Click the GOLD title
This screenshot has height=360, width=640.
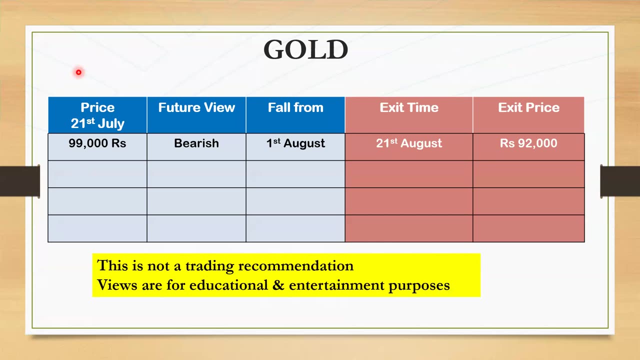point(305,49)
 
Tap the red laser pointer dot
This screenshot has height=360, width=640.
point(78,72)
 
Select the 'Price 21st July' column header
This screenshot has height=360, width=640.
point(97,115)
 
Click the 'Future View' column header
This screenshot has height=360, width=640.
point(196,115)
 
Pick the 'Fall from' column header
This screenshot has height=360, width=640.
point(295,115)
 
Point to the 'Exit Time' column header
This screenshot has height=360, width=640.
point(409,115)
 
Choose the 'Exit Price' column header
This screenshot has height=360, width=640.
point(528,115)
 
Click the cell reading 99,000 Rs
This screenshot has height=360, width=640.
point(97,147)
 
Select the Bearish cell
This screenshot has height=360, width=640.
point(196,147)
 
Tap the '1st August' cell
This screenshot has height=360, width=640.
point(295,147)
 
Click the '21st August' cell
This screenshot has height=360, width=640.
point(409,147)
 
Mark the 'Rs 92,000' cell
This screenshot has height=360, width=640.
point(528,147)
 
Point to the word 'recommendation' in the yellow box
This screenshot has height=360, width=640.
point(295,265)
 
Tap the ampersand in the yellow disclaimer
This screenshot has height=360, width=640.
point(278,285)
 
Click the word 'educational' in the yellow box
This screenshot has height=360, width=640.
point(228,285)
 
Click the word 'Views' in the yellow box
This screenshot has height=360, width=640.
point(117,285)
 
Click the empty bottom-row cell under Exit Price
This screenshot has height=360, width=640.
point(528,228)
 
